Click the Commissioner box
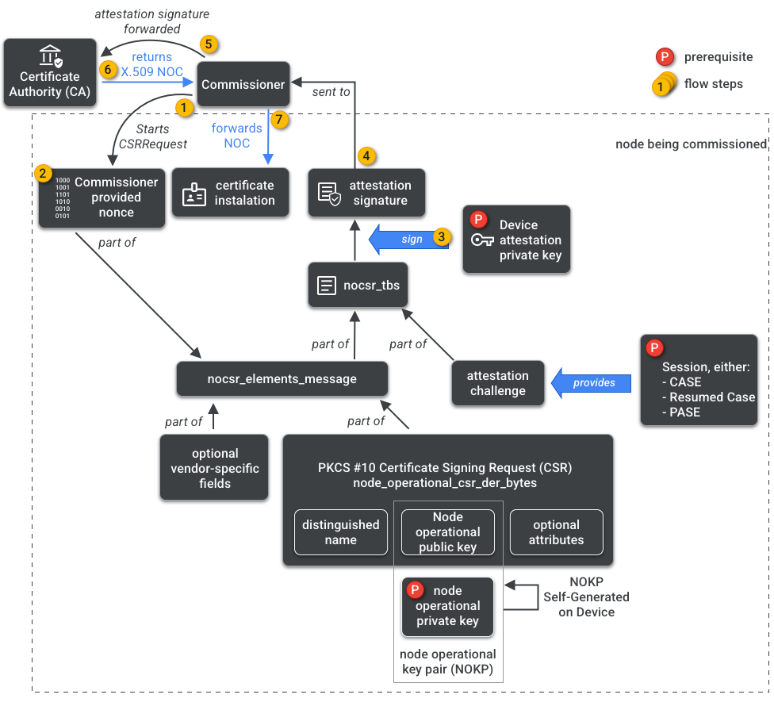(x=243, y=84)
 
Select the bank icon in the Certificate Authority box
(x=50, y=56)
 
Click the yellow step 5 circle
(x=208, y=44)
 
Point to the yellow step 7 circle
(x=277, y=120)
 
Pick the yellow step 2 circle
(x=44, y=172)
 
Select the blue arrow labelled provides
(x=592, y=382)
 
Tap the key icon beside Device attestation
(x=481, y=240)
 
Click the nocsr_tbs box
(x=358, y=286)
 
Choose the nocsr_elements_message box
(x=282, y=378)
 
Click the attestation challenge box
(x=498, y=383)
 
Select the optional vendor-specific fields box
(x=214, y=468)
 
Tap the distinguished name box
(x=340, y=531)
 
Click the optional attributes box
(x=556, y=531)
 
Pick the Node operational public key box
(x=447, y=531)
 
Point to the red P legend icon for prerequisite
(x=665, y=57)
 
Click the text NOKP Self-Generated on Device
(x=586, y=597)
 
